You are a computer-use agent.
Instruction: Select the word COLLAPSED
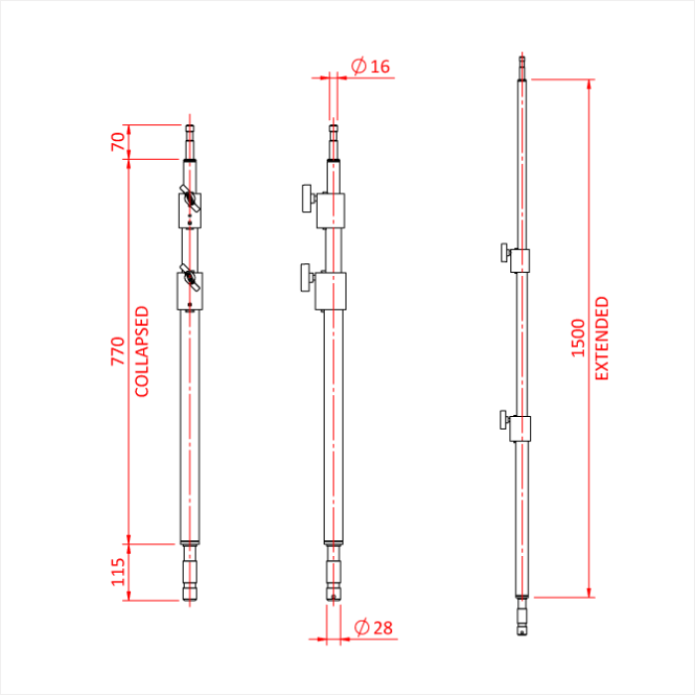tap(142, 350)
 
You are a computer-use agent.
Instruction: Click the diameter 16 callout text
tap(371, 67)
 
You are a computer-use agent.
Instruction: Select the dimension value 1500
tap(578, 339)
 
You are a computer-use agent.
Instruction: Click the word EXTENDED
tap(602, 339)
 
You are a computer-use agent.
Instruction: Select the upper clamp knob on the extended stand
tap(505, 254)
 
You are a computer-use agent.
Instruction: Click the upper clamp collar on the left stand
tap(190, 209)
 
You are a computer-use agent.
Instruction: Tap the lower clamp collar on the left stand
tap(190, 291)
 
